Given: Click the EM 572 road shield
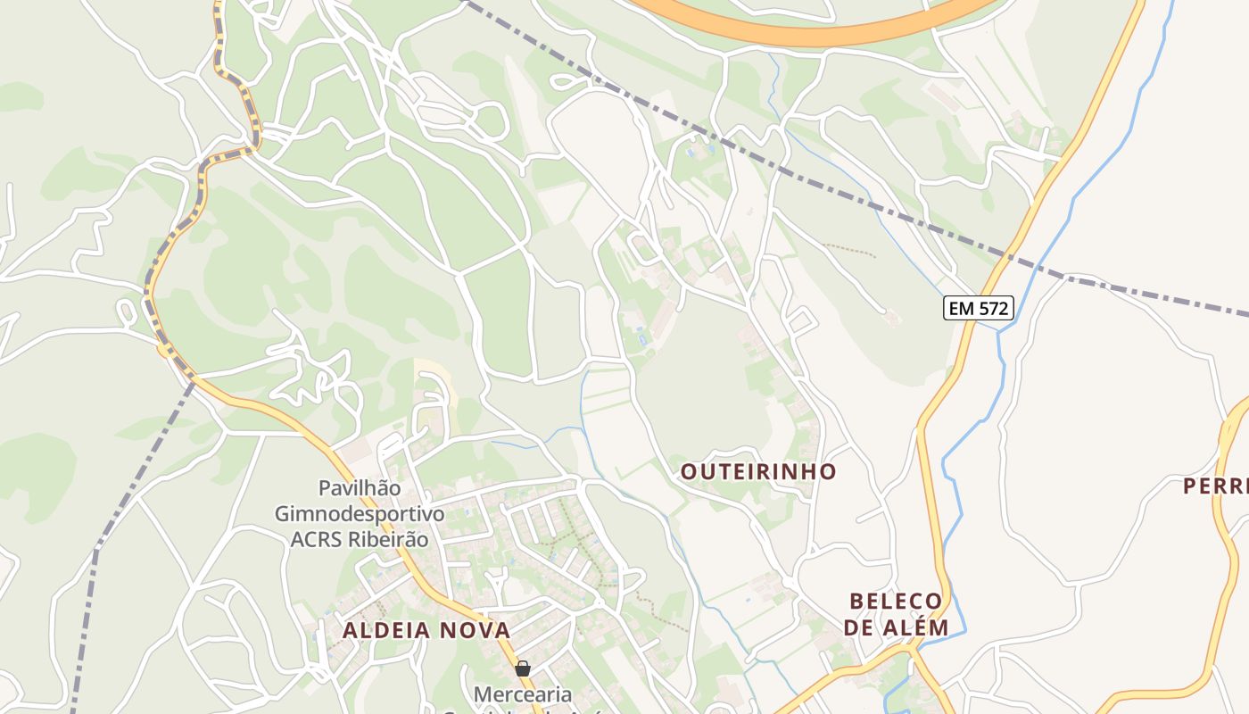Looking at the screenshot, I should click(x=978, y=309).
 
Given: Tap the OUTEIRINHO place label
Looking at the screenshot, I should click(x=758, y=471).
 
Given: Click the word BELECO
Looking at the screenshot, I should click(x=896, y=601).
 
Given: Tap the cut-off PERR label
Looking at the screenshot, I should click(x=1215, y=486).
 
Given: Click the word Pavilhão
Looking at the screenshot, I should click(x=360, y=488).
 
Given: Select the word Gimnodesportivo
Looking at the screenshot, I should click(x=359, y=514).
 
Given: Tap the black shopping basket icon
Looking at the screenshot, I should click(x=523, y=668).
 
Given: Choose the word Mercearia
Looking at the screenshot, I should click(x=522, y=693).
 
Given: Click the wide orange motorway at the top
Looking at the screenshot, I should click(x=803, y=34).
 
